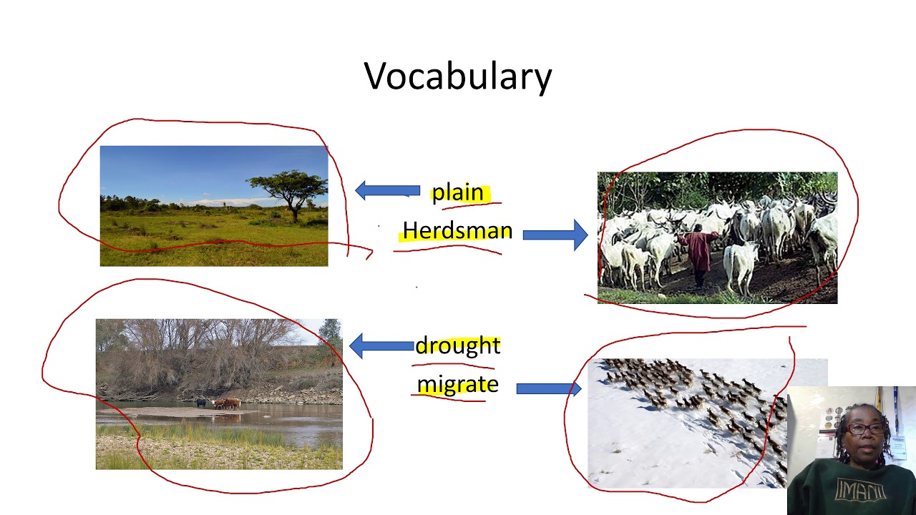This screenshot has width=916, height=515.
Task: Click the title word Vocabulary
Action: pyautogui.click(x=458, y=77)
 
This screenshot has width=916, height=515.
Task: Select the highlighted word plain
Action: pyautogui.click(x=458, y=192)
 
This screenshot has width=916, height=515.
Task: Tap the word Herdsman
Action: pyautogui.click(x=457, y=230)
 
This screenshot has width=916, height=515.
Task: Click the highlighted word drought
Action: pyautogui.click(x=457, y=345)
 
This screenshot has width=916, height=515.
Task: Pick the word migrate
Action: pyautogui.click(x=457, y=384)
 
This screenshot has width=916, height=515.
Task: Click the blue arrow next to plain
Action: pyautogui.click(x=387, y=190)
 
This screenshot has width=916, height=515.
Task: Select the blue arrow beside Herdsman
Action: pyautogui.click(x=555, y=234)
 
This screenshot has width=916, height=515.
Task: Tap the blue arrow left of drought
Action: pyautogui.click(x=381, y=346)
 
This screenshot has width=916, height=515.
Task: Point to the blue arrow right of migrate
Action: pyautogui.click(x=548, y=388)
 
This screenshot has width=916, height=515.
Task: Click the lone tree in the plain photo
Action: pyautogui.click(x=292, y=190)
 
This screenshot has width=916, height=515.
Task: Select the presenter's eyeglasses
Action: pyautogui.click(x=866, y=429)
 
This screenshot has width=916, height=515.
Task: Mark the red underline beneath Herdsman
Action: pyautogui.click(x=447, y=248)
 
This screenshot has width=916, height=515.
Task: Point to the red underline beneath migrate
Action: pyautogui.click(x=449, y=399)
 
